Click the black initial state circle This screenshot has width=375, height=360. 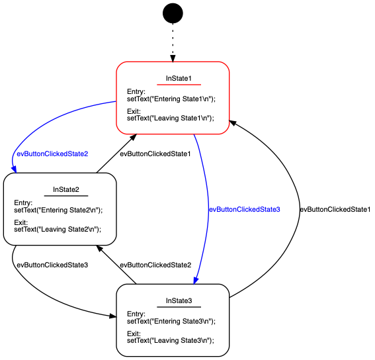pos(173,13)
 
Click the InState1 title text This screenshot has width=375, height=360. pos(179,79)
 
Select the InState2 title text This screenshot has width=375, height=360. pos(66,191)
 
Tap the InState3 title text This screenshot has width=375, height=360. pos(179,301)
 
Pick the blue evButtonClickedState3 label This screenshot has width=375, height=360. pos(245,209)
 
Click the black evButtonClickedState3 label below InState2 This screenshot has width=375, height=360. pos(52,265)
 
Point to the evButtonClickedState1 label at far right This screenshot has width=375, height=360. pos(335,209)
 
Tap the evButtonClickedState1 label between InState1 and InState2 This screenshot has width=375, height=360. pos(155,154)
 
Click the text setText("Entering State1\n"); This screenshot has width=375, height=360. pos(171,99)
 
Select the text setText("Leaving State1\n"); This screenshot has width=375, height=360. pos(170,118)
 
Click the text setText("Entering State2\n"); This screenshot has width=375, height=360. pos(58,210)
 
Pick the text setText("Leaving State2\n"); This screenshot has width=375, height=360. pos(57,230)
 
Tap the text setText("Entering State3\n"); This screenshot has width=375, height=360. pos(171,321)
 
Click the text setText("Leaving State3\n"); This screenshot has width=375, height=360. pos(170,341)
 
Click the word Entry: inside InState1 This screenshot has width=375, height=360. pos(136,92)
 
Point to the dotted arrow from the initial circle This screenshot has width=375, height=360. pos(173,42)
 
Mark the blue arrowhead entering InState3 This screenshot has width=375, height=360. pos(196,280)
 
